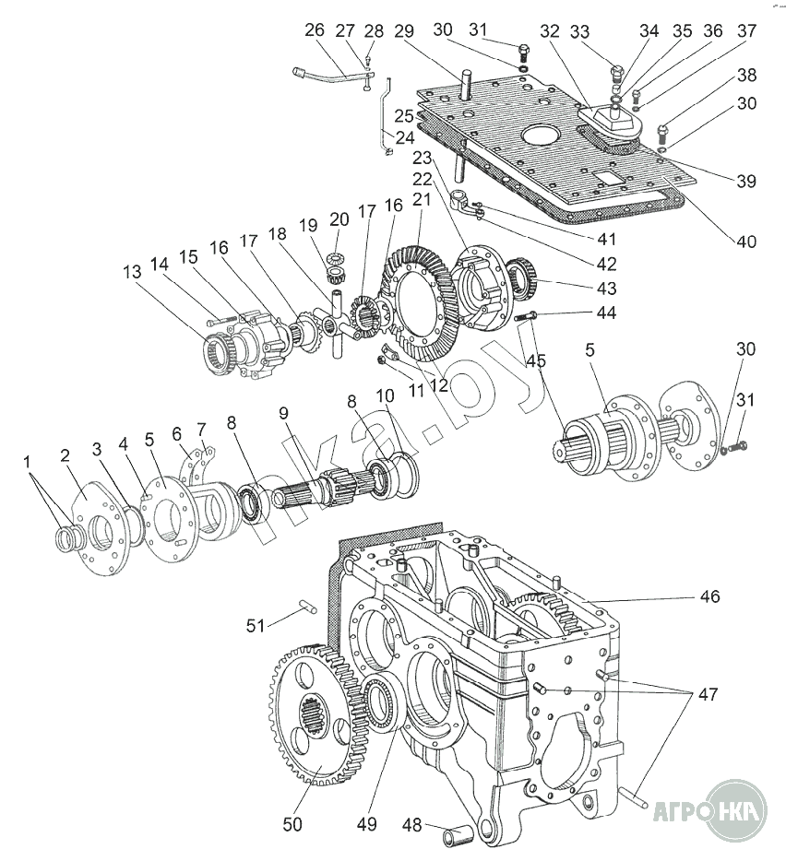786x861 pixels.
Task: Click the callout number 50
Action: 292,824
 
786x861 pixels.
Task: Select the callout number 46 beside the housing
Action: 709,597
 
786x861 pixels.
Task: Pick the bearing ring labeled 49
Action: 379,706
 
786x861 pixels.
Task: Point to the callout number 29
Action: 402,30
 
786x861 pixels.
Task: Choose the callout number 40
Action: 745,242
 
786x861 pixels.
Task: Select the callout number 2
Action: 65,455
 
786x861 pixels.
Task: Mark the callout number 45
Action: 536,360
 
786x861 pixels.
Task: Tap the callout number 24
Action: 405,139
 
